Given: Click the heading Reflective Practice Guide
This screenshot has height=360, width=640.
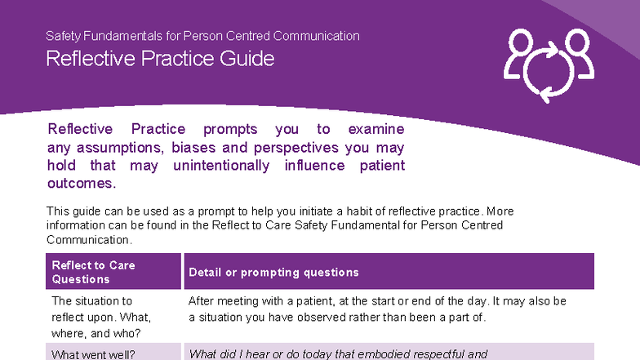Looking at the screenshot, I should [x=160, y=59].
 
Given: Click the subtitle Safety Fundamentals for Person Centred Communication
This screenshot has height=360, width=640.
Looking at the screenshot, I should [x=202, y=36].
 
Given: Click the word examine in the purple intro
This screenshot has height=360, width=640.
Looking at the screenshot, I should [x=376, y=130].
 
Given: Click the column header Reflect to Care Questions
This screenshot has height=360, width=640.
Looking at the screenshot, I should [x=93, y=272].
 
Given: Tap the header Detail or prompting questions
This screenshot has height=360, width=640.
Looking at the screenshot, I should [x=273, y=273].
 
